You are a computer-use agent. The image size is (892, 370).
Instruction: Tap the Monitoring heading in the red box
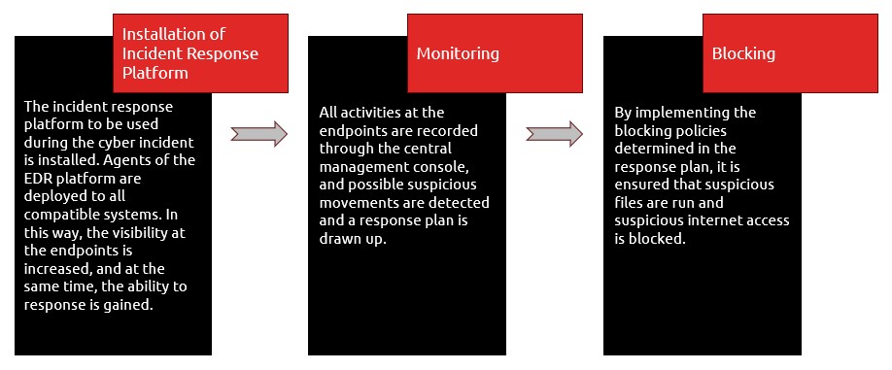(x=458, y=53)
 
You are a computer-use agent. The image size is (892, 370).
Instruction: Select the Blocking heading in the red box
(x=743, y=53)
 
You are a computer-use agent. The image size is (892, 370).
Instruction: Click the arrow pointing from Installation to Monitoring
(x=258, y=134)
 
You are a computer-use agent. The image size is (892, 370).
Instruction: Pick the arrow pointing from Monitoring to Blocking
(x=554, y=134)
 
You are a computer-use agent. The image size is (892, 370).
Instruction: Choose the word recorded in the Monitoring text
(x=450, y=131)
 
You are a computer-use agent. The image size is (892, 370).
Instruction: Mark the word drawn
(x=337, y=239)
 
